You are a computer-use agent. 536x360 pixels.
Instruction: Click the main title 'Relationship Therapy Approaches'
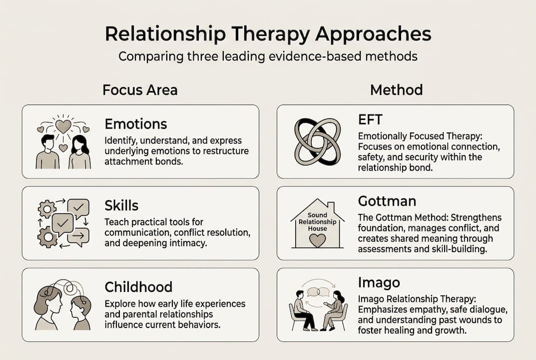pos(268,34)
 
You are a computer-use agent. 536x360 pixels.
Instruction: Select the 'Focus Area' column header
pos(140,90)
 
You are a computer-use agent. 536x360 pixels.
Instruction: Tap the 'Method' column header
pos(396,90)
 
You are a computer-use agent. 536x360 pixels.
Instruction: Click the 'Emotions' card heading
pos(136,123)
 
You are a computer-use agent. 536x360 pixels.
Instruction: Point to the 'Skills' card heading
pos(121,205)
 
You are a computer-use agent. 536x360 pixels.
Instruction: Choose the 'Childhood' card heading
pos(138,287)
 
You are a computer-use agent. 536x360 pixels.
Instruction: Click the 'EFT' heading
pos(370,120)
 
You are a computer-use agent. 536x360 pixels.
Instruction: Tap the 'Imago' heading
pos(379,282)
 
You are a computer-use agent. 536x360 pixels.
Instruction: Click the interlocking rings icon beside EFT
pos(317,141)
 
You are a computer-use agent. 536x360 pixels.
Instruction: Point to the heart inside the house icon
pos(317,240)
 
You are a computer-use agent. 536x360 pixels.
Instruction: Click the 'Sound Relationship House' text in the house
pos(317,222)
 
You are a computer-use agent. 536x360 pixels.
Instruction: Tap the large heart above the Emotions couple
pos(63,126)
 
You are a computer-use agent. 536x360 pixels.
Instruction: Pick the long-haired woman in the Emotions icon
pos(79,152)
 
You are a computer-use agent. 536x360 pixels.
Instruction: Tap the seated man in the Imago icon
pos(302,310)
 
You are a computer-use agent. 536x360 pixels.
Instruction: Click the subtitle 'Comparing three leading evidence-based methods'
pos(268,55)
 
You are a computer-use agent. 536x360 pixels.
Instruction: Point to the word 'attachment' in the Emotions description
pos(127,161)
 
